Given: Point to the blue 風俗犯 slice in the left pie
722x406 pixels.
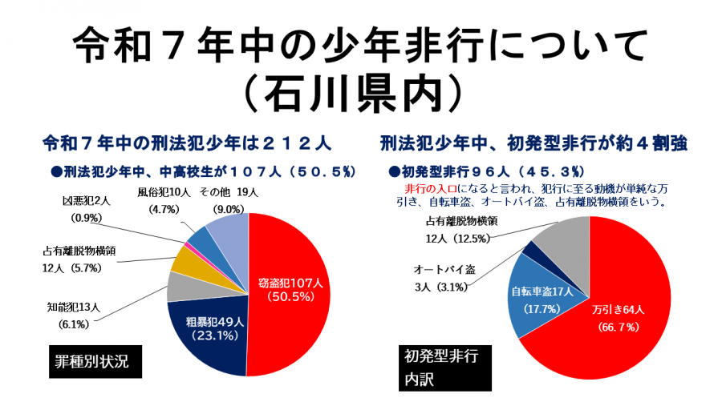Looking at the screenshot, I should click(x=201, y=239).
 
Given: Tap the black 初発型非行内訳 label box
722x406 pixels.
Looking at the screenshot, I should click(x=444, y=366).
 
